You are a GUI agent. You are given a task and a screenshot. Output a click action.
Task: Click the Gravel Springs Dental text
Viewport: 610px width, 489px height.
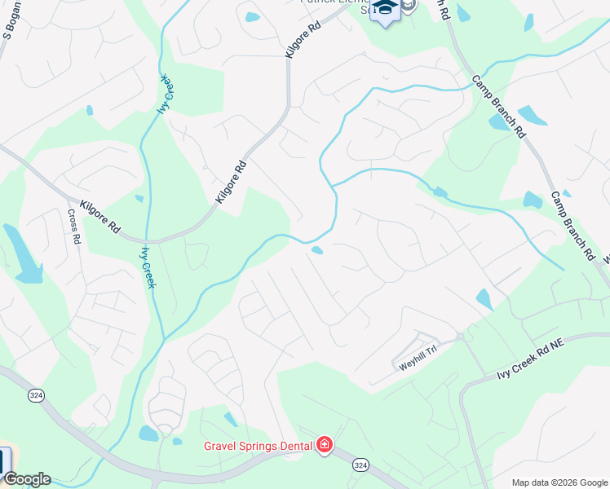click(257, 445)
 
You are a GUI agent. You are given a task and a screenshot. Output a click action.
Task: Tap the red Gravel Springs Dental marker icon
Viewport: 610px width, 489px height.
click(325, 444)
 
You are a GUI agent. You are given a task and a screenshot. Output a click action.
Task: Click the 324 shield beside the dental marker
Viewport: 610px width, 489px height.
click(360, 464)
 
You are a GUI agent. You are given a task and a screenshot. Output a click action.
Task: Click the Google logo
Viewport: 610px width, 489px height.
click(26, 479)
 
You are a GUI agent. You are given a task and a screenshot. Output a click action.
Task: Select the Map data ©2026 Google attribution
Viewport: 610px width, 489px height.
click(559, 482)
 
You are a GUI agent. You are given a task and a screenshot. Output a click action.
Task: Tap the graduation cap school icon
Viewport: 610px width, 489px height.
click(383, 10)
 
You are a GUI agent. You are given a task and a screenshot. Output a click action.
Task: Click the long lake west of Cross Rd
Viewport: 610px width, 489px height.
click(22, 254)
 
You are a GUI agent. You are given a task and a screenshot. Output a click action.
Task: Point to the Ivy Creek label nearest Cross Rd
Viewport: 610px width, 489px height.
click(148, 268)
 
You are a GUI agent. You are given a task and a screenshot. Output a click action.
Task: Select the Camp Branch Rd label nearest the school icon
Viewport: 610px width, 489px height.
click(497, 106)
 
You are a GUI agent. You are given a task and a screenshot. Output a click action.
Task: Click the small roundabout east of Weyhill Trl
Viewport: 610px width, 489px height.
click(460, 336)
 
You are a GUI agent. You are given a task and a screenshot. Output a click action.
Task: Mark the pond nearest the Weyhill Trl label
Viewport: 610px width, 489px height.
click(484, 299)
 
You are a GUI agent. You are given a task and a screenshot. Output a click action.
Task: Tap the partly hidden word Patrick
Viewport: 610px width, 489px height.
click(318, 2)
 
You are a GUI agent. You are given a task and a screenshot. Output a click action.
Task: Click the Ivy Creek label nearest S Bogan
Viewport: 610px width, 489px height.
click(166, 94)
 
